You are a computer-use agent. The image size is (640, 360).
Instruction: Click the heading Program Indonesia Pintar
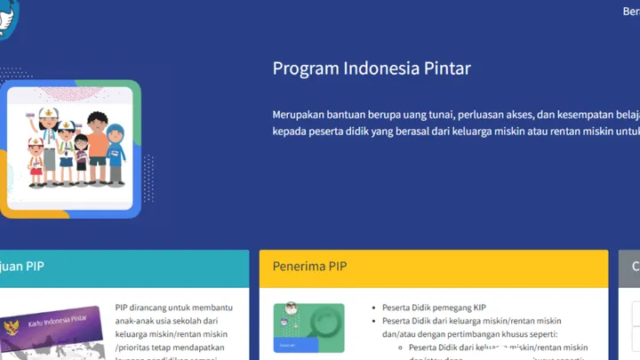[x=372, y=68]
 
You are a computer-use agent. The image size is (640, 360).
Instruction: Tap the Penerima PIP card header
[x=434, y=267]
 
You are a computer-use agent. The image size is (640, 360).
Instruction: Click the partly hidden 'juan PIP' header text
[x=22, y=267]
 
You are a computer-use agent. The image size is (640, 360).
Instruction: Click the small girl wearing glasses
[x=81, y=156]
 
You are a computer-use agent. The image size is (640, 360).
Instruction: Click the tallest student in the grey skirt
[x=48, y=142]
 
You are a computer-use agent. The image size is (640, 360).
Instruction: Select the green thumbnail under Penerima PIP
[x=308, y=328]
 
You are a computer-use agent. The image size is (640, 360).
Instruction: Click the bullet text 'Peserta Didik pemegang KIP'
[x=434, y=307]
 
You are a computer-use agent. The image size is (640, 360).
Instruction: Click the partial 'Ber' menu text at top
[x=630, y=12]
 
